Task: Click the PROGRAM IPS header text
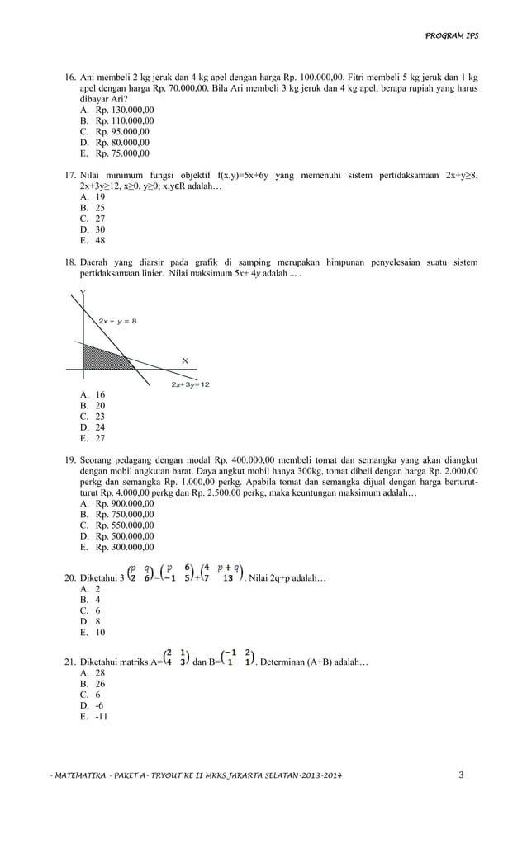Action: (451, 36)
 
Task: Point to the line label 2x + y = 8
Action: (117, 320)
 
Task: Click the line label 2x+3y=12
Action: (190, 384)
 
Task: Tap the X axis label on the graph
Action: (185, 360)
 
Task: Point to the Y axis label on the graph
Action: (83, 294)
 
